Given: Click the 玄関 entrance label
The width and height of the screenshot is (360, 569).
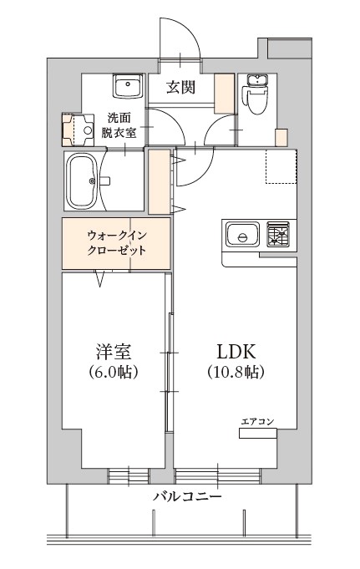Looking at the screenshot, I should coord(180,86).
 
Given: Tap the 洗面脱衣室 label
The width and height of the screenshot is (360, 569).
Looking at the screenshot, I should coord(123,124).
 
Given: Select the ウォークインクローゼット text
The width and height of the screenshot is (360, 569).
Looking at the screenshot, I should coord(117,242).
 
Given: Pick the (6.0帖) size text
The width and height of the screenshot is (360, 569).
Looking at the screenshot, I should coord(112,372).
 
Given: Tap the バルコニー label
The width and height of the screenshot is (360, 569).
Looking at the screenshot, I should coord(187,497).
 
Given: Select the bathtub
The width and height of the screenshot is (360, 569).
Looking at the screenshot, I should coord(83,180).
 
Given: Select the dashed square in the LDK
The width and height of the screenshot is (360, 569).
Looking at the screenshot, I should coord(281,166).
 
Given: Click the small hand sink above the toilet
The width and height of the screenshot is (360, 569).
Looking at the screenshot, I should coord(253,81).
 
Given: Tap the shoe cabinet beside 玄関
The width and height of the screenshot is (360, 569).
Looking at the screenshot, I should coord(224,93).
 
